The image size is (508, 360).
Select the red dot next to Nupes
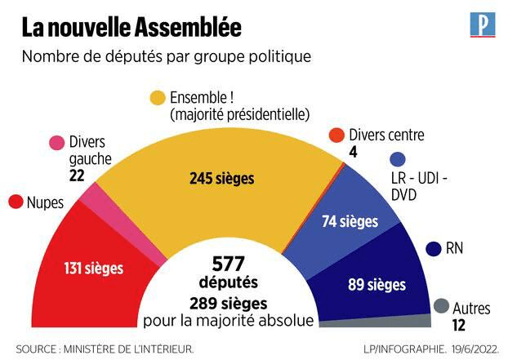coord(15,201)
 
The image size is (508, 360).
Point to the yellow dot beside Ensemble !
coord(158,98)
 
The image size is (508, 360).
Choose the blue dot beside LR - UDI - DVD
coord(398,161)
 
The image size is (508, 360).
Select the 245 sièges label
coord(221,178)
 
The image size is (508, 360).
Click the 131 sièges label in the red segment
coord(91,266)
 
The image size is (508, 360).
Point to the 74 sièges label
coord(350,220)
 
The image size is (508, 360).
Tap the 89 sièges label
coord(377,285)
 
